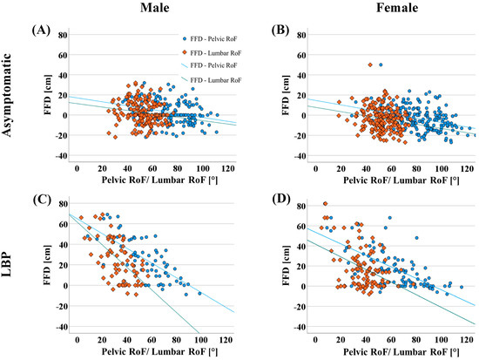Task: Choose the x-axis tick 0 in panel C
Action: [78, 339]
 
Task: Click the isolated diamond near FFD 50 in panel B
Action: [371, 65]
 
